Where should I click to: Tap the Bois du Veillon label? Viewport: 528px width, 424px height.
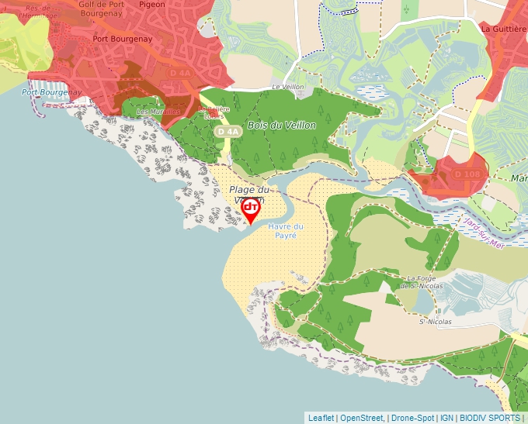(281, 125)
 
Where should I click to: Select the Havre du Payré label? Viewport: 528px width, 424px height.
(286, 230)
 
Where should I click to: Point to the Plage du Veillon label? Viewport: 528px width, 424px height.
(248, 191)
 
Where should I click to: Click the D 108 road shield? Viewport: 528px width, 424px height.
(467, 174)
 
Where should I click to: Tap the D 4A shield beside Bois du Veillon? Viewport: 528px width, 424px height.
(228, 132)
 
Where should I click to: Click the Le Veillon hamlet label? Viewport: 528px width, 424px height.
(286, 88)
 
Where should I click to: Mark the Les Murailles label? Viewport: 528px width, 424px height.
(158, 112)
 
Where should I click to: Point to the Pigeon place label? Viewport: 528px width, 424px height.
(151, 5)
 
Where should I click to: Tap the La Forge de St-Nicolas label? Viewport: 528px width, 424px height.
(422, 281)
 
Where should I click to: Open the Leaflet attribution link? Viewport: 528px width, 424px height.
(321, 418)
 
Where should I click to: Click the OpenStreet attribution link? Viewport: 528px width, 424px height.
(362, 418)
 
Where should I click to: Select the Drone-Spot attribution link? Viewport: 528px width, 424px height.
(412, 418)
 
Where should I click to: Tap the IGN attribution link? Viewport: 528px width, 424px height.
(446, 418)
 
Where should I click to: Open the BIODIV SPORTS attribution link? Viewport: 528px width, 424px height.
(489, 418)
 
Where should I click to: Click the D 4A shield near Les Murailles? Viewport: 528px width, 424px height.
(180, 73)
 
